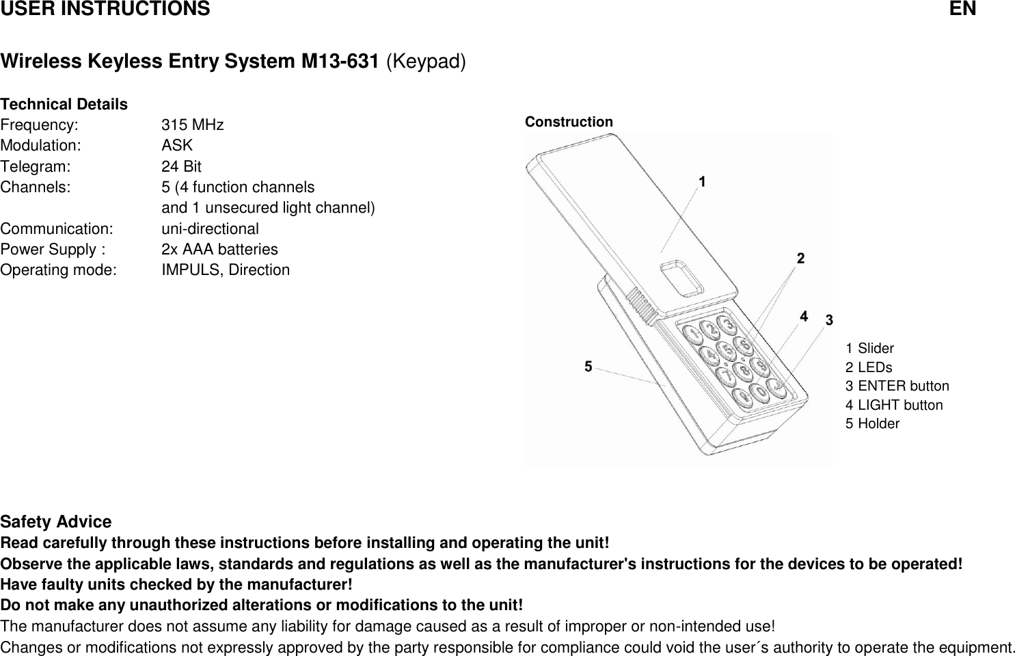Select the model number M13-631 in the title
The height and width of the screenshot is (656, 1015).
click(340, 62)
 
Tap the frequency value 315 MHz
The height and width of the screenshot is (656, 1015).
click(192, 125)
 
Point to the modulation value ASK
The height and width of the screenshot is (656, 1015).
click(177, 146)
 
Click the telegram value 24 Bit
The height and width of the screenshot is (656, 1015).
click(181, 166)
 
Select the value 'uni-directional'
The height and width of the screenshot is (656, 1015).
click(210, 228)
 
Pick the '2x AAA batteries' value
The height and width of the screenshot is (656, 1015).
click(219, 249)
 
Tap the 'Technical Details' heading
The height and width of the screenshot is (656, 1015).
click(64, 105)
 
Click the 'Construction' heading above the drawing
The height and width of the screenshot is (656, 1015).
click(569, 122)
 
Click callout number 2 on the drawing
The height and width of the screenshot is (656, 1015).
click(800, 259)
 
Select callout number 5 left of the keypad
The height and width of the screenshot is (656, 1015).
click(588, 367)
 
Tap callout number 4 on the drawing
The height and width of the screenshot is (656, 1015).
click(804, 316)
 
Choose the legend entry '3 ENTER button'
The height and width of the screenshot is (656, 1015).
click(897, 386)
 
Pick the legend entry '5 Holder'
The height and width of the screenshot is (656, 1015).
click(872, 423)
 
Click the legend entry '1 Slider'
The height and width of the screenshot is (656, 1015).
click(869, 348)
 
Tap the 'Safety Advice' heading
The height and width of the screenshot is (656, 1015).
click(56, 522)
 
